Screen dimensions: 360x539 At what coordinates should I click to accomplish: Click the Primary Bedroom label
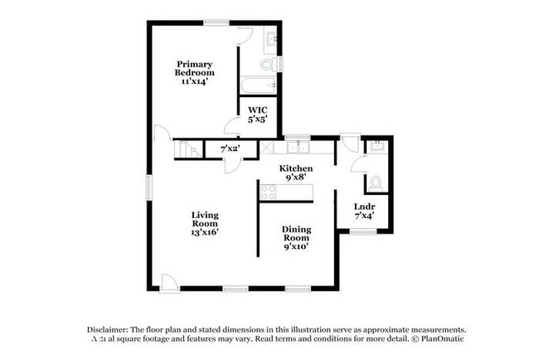tap(194, 68)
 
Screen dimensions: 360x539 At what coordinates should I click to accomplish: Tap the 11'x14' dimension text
tap(194, 81)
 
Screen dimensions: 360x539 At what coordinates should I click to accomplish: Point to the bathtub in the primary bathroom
tap(257, 85)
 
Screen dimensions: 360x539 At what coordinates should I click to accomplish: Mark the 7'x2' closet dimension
tap(230, 149)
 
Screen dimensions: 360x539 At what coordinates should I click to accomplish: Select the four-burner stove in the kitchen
tap(269, 192)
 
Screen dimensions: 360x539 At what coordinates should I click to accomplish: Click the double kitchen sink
tap(297, 148)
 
